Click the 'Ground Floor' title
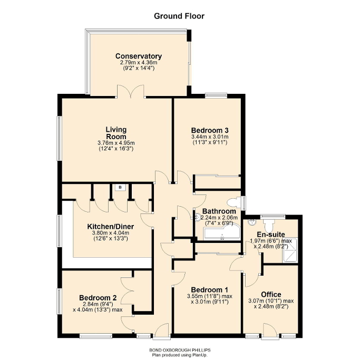pos(179,16)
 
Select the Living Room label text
pos(115,133)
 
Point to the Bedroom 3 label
pos(209,130)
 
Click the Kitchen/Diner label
pos(110,227)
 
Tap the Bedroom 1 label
pos(209,289)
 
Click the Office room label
pos(271,294)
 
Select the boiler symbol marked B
pos(120,187)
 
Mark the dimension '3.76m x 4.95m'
pos(115,143)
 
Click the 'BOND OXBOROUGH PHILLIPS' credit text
pos(180,350)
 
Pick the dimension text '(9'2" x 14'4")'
pos(138,68)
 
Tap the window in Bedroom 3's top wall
pos(215,95)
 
